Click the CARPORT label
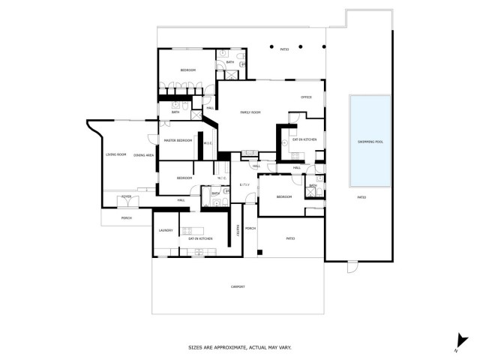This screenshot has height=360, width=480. tap(237, 287)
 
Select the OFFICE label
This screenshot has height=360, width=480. tap(306, 97)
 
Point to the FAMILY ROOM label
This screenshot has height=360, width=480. tap(250, 112)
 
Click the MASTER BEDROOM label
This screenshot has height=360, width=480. tap(178, 140)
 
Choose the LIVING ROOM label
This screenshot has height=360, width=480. tap(115, 154)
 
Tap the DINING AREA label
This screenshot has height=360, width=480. tap(144, 154)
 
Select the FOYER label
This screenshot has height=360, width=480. tap(127, 196)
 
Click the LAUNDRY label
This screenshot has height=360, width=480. tap(166, 230)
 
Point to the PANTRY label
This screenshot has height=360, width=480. tap(238, 229)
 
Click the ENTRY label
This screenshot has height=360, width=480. tap(244, 184)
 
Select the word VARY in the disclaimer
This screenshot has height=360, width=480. tap(285, 347)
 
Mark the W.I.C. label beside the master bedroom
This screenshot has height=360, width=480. tap(208, 142)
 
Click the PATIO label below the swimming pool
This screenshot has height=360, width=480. tap(361, 197)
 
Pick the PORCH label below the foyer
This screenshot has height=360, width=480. tap(127, 218)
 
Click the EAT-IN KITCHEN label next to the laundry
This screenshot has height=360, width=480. tap(200, 238)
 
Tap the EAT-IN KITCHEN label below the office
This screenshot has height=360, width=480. tap(304, 139)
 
